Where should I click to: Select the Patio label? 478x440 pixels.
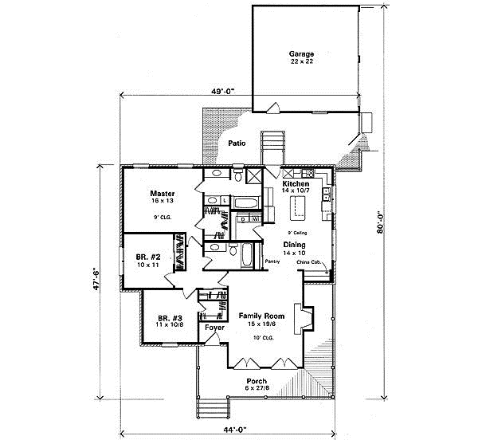click(x=236, y=143)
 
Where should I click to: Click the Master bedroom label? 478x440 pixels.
click(x=163, y=193)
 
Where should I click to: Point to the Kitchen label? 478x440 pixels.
click(x=297, y=184)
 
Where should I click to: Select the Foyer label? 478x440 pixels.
click(x=213, y=327)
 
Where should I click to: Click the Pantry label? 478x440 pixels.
click(x=274, y=260)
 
